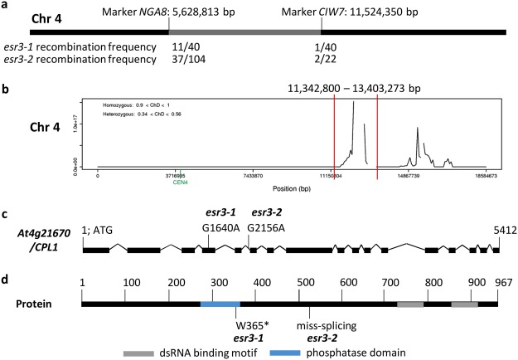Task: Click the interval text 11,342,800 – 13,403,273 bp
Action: [x=355, y=86]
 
